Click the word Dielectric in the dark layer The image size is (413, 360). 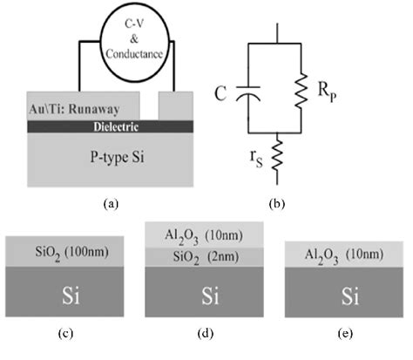(112, 127)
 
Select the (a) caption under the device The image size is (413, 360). (110, 202)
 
